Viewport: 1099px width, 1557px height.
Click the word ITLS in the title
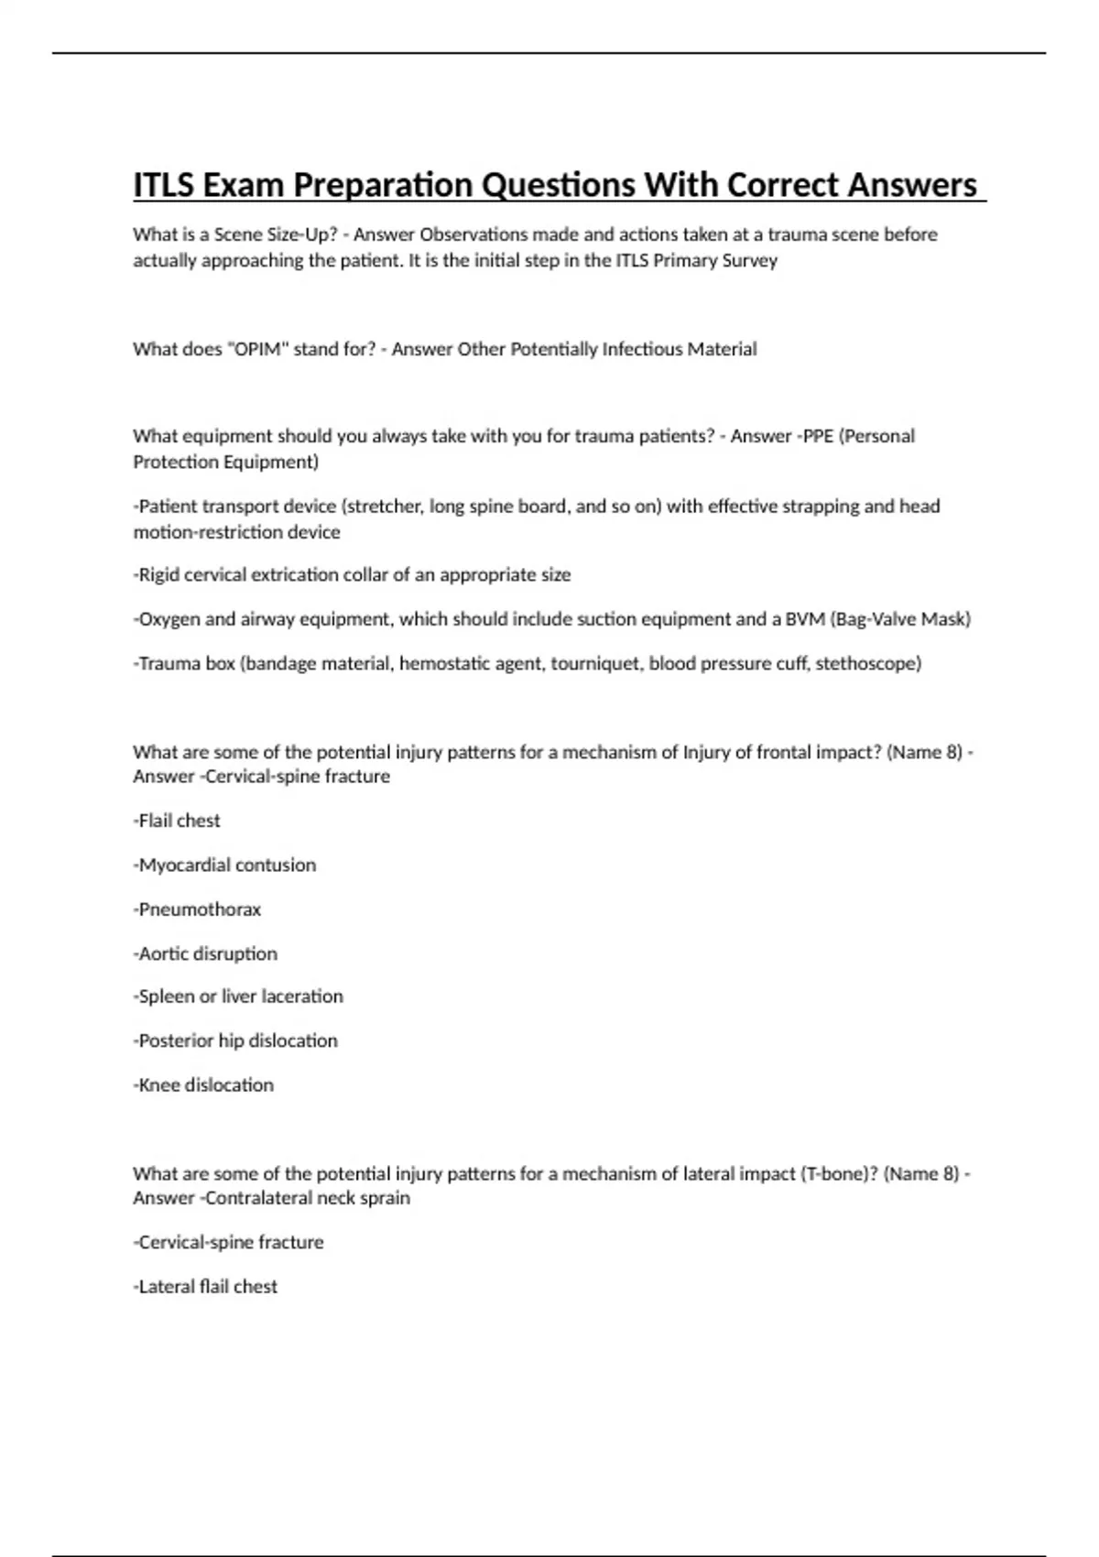point(163,185)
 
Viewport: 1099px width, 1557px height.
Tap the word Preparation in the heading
point(382,185)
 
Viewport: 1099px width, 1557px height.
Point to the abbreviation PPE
point(817,436)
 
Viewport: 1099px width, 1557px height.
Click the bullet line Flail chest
point(178,821)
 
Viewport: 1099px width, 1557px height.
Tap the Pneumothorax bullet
point(198,909)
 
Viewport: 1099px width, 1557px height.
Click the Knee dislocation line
point(204,1085)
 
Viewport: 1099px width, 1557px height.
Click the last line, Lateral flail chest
point(206,1287)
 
